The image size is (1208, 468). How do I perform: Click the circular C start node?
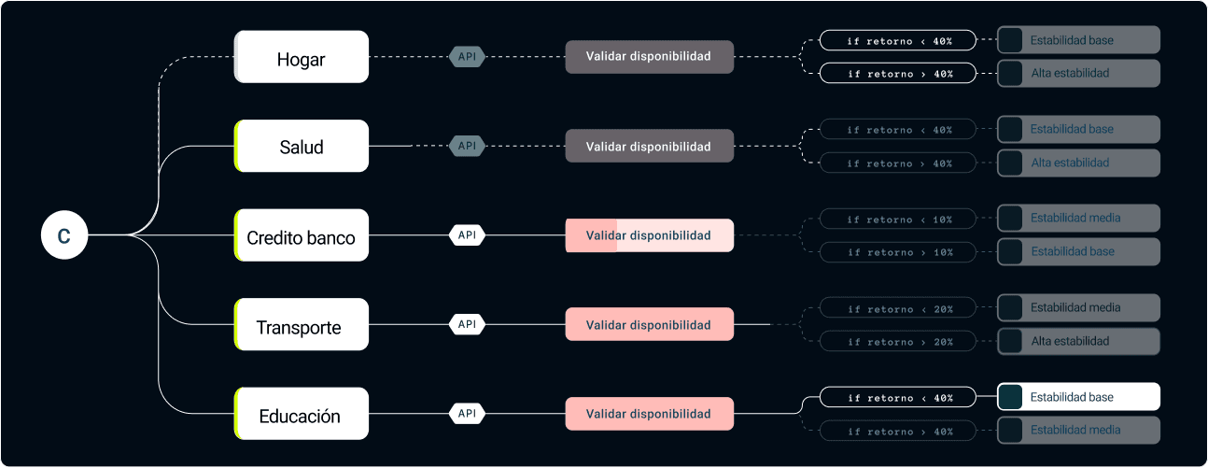[63, 235]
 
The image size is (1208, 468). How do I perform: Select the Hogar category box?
[302, 57]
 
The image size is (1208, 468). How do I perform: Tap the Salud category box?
[302, 146]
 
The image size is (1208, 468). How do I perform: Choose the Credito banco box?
[302, 235]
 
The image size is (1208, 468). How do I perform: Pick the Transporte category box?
[302, 325]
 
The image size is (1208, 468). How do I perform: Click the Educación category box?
[302, 414]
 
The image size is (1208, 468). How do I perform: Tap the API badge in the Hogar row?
[467, 57]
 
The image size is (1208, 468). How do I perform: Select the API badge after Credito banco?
[467, 235]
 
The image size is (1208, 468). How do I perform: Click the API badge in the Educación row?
[467, 413]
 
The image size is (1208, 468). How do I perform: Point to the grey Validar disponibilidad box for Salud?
[649, 146]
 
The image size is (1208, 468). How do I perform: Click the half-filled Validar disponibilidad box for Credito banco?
[649, 235]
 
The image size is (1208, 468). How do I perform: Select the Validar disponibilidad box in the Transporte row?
[649, 324]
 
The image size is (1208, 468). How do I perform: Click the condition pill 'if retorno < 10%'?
[898, 220]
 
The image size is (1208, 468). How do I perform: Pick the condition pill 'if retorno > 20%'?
[898, 342]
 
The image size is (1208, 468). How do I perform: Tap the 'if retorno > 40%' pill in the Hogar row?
[898, 73]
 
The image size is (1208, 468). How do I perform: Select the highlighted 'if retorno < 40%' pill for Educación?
[898, 398]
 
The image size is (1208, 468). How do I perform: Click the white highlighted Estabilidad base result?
[1078, 397]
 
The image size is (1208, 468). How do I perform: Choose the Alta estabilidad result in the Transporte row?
[1078, 341]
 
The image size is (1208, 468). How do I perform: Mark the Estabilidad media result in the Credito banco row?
[1078, 218]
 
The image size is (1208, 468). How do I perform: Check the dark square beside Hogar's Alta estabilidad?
[1010, 73]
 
